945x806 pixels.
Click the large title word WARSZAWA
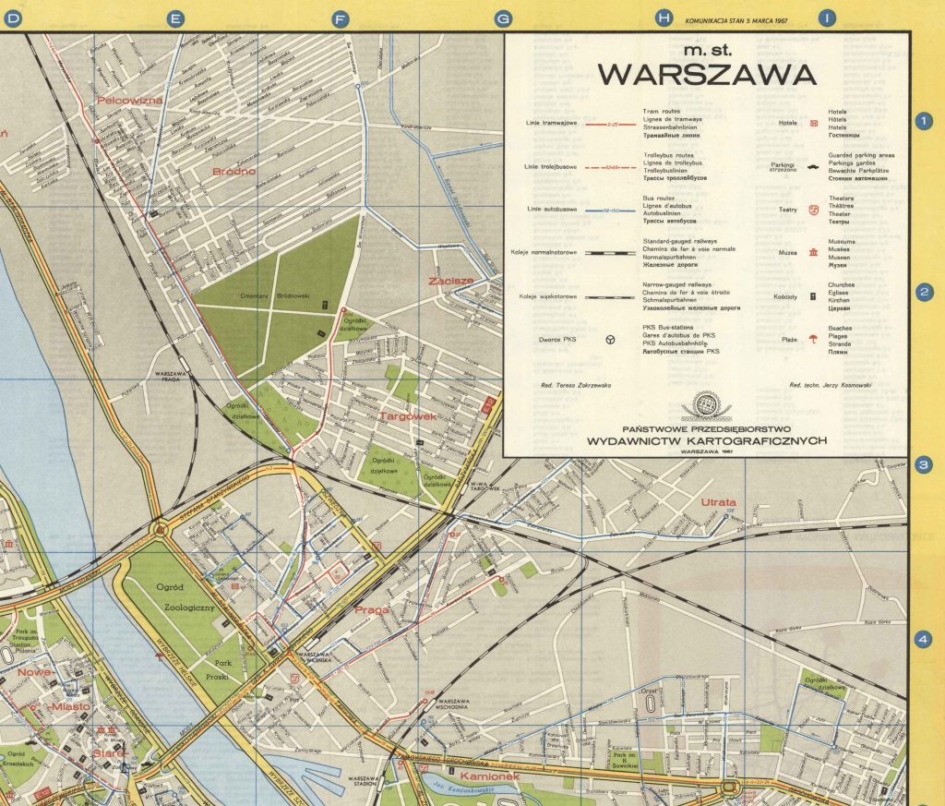706,73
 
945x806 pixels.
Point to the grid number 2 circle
923,293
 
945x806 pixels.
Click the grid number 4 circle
923,639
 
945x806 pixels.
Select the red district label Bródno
233,172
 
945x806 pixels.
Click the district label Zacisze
450,281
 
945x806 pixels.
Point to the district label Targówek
407,417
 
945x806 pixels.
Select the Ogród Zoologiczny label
184,598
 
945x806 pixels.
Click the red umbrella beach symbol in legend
813,338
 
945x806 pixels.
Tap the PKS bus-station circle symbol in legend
610,340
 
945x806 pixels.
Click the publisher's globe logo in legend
706,404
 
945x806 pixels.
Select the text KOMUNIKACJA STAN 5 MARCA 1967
736,20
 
